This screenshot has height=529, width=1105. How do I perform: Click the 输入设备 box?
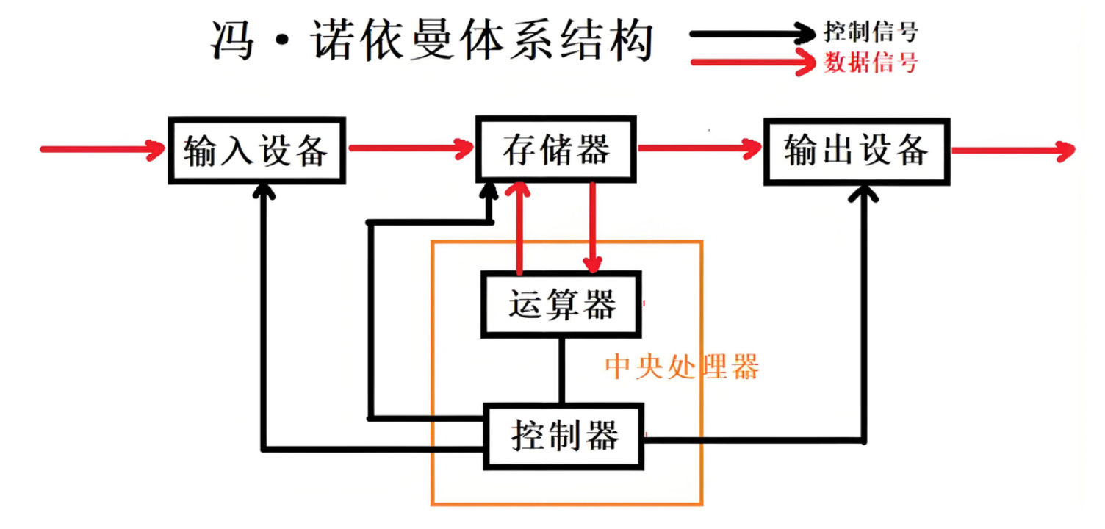click(x=256, y=151)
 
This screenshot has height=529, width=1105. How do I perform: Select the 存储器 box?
click(x=556, y=150)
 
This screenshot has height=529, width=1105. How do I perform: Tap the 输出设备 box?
click(x=857, y=151)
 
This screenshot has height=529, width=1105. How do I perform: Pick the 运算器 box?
click(x=561, y=304)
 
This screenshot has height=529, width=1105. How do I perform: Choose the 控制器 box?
click(x=564, y=436)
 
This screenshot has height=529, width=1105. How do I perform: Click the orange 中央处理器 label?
click(x=681, y=367)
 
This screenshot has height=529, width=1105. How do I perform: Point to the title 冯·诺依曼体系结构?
click(x=431, y=40)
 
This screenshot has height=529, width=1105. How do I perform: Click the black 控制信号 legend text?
click(x=871, y=32)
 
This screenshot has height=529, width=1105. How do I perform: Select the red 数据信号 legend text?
click(x=871, y=62)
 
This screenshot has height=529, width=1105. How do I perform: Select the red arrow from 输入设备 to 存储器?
click(x=411, y=149)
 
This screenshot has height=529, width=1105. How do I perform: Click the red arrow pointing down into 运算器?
click(x=593, y=228)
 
